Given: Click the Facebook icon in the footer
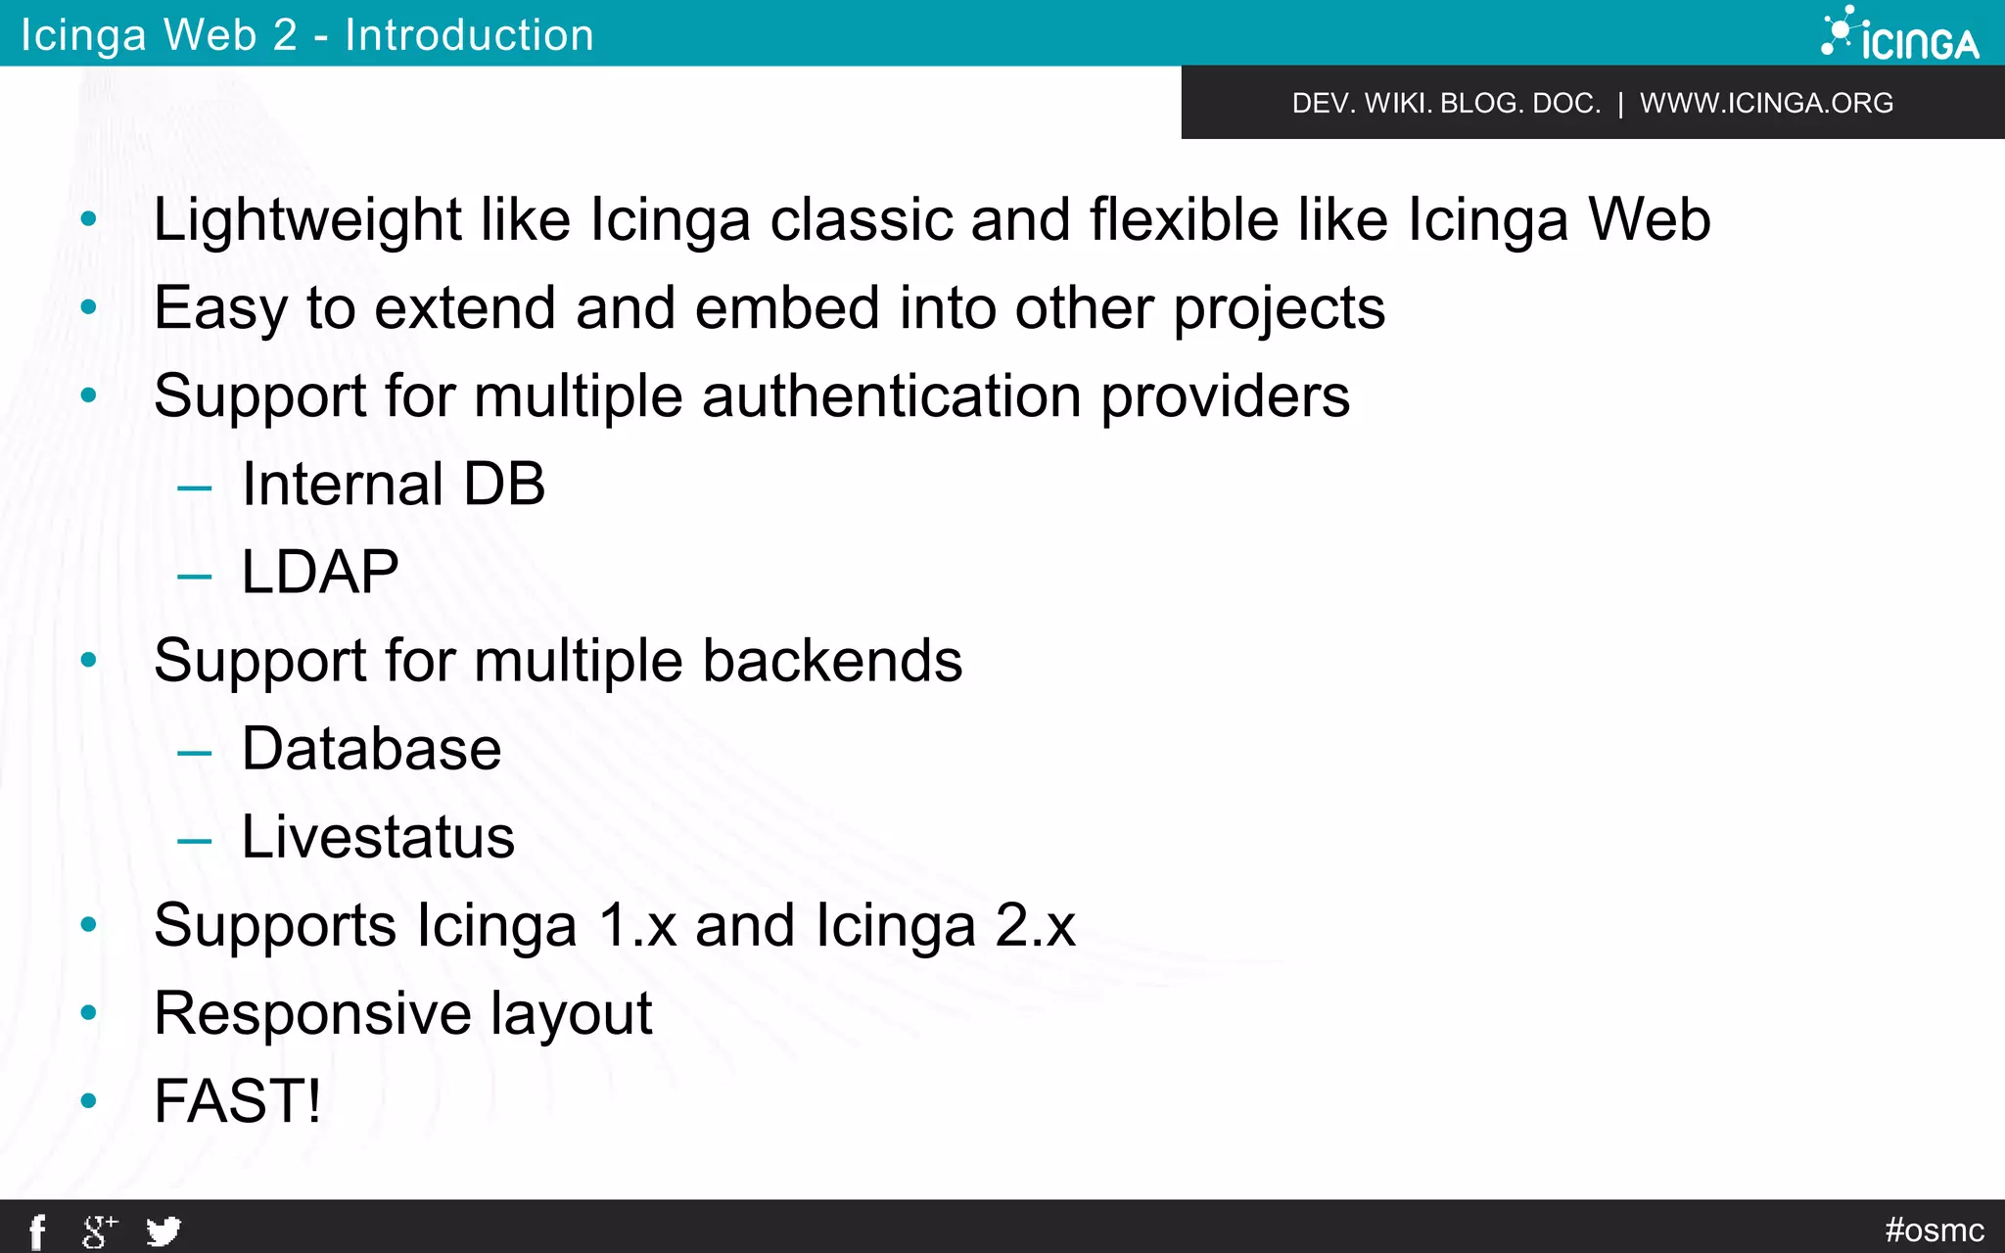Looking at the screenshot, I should pyautogui.click(x=37, y=1231).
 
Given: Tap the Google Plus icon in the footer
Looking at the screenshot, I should pyautogui.click(x=99, y=1230).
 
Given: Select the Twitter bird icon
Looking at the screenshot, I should pyautogui.click(x=163, y=1230).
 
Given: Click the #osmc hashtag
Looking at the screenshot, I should pyautogui.click(x=1935, y=1230).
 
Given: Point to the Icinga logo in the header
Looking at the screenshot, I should pyautogui.click(x=1900, y=34).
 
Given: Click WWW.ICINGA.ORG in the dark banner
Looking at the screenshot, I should pyautogui.click(x=1766, y=103).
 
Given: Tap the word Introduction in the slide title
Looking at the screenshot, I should pyautogui.click(x=469, y=35).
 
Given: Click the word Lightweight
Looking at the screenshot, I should pyautogui.click(x=307, y=219).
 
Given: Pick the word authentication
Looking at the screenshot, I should pyautogui.click(x=891, y=395).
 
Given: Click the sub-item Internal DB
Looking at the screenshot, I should pyautogui.click(x=394, y=484).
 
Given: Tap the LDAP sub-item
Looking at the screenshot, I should pyautogui.click(x=320, y=572).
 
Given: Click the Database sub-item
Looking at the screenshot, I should pyautogui.click(x=371, y=749).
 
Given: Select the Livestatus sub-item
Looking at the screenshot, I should pyautogui.click(x=378, y=837).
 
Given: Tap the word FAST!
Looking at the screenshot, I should pyautogui.click(x=238, y=1101).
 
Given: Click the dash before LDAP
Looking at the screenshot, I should pyautogui.click(x=195, y=576).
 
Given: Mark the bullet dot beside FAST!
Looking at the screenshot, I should pyautogui.click(x=89, y=1101).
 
